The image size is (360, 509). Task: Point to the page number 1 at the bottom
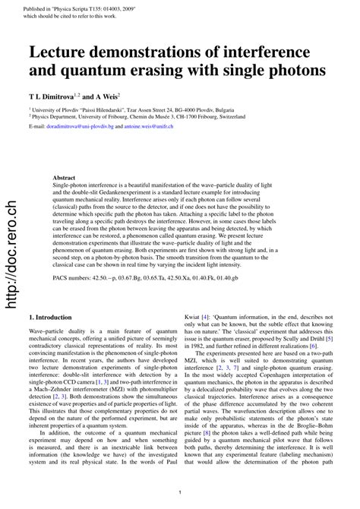(180, 492)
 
